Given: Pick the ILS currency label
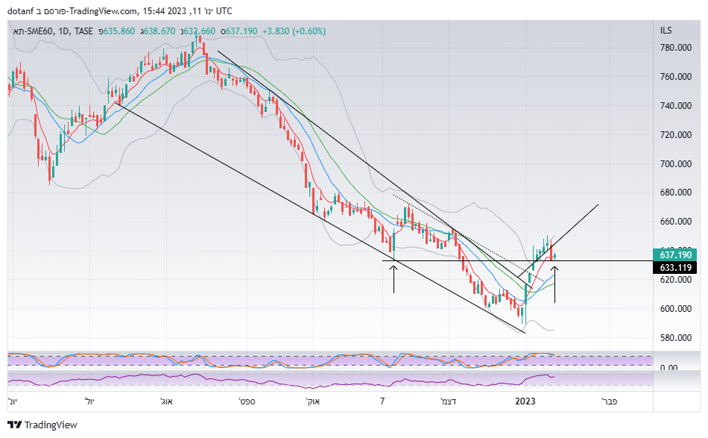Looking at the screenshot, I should (x=666, y=31).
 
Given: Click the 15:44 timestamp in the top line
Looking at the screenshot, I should (x=154, y=10).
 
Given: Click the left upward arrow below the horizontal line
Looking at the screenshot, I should (x=393, y=277).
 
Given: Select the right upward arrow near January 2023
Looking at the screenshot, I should (x=554, y=284).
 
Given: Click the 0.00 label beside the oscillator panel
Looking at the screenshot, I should (x=669, y=368).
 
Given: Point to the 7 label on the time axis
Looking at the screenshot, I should (x=382, y=401).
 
